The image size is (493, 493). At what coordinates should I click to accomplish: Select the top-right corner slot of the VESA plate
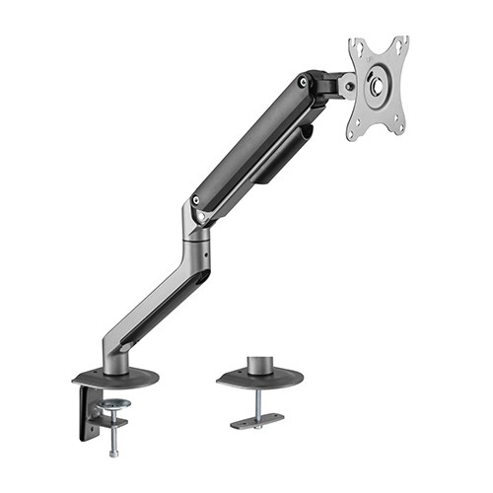pyautogui.click(x=399, y=42)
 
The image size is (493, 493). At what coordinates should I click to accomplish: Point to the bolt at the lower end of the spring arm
pyautogui.click(x=200, y=210)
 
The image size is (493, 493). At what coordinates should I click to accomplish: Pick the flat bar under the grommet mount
pyautogui.click(x=258, y=422)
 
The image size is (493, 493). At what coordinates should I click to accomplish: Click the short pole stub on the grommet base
pyautogui.click(x=261, y=363)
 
